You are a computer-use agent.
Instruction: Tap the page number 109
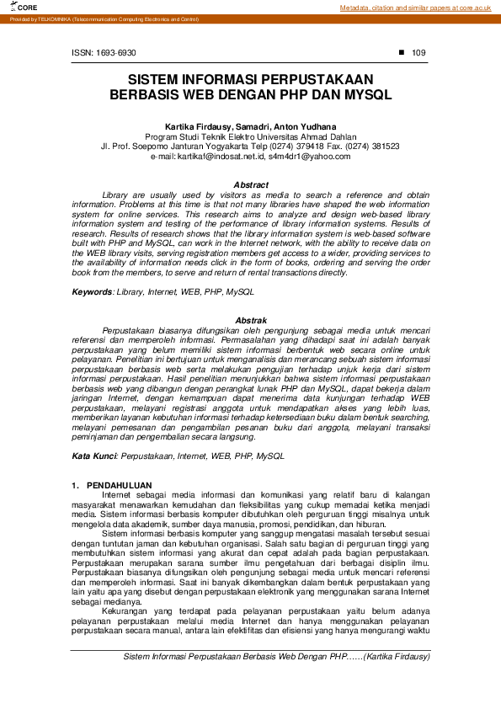[418, 53]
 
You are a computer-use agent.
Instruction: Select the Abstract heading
[251, 184]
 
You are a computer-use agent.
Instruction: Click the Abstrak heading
[251, 321]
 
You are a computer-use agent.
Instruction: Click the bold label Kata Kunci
[93, 456]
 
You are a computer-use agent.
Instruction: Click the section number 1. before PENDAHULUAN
[75, 486]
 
